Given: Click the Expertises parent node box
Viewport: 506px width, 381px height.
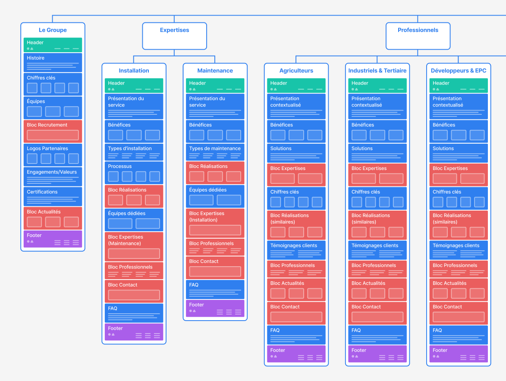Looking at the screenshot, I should (174, 36).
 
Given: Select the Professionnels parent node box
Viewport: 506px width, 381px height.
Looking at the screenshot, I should (418, 36).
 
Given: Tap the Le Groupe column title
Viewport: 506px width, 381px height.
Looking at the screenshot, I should (53, 30).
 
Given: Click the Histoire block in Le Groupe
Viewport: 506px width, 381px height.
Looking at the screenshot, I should (53, 62).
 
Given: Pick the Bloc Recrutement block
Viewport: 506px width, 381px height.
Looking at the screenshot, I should (53, 131).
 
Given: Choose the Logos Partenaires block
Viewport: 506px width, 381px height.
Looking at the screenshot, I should (53, 154).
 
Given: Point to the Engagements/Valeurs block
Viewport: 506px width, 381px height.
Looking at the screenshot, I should (53, 176).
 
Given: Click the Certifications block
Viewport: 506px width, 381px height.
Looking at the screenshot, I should (53, 196).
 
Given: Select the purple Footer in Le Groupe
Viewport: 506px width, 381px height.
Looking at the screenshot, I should (53, 239).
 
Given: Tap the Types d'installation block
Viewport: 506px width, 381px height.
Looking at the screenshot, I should (134, 152).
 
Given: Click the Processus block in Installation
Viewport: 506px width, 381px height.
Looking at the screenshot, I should (134, 172).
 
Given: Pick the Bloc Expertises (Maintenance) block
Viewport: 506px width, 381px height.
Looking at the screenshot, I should (134, 246).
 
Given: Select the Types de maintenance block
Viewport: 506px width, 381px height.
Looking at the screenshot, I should (215, 152).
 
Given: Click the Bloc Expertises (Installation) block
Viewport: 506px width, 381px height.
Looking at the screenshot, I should (215, 222).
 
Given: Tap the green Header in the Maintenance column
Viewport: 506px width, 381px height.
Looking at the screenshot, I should (215, 85).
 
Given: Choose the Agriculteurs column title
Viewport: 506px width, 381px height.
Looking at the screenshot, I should (296, 71).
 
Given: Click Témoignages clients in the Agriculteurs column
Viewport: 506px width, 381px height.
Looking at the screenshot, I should (296, 249).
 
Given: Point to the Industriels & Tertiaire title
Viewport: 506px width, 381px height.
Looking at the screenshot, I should (377, 71).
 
